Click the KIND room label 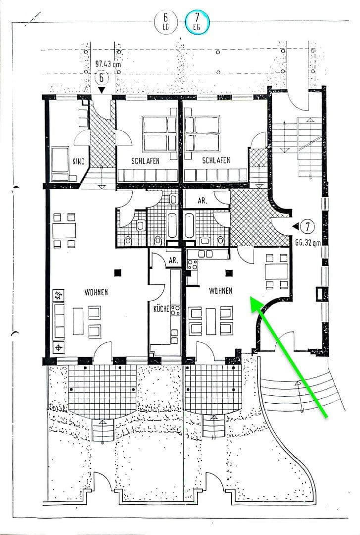tap(78, 161)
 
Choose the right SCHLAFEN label tap(215, 160)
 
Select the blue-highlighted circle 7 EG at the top tap(197, 22)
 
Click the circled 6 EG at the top tap(166, 22)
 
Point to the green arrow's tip tap(251, 299)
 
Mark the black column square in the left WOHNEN tap(117, 272)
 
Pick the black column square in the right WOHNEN tap(229, 272)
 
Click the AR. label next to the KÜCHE tap(173, 261)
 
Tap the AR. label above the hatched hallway tap(203, 202)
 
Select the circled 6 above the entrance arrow tap(102, 78)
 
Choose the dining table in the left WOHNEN tap(64, 230)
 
